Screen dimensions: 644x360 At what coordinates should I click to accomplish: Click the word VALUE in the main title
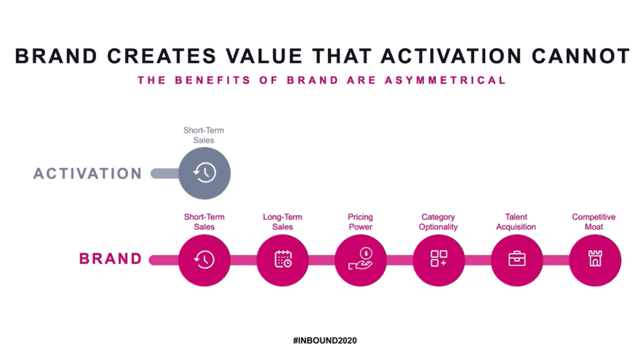coord(264,56)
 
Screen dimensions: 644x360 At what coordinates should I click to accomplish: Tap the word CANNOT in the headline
coord(580,56)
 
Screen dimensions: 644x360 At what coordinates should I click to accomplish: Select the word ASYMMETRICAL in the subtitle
coord(445,80)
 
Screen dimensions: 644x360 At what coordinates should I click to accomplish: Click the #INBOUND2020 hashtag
coord(325,341)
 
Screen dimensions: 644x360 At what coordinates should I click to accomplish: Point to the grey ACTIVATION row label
coord(88,174)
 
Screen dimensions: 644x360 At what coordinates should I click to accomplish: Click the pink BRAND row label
coord(111,259)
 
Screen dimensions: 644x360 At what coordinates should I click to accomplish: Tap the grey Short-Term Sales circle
coord(205,173)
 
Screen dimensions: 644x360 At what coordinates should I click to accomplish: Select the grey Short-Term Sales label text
coord(204,135)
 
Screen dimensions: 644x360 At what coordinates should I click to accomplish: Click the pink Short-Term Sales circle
coord(205,260)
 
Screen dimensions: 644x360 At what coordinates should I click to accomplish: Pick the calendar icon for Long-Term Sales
coord(282,259)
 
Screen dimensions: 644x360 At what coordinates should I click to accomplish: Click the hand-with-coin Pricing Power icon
coord(360,259)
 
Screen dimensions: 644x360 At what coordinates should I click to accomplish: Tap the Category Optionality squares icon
coord(439,259)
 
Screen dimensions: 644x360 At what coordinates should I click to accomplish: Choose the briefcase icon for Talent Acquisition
coord(517,259)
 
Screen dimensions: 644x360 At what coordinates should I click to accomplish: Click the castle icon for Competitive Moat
coord(595,259)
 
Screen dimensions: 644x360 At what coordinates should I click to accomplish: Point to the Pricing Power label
coord(360,222)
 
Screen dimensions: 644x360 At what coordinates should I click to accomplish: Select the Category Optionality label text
coord(438,222)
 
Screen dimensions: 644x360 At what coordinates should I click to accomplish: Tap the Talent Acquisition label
coord(516,222)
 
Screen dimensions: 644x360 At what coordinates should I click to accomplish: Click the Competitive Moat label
coord(594,222)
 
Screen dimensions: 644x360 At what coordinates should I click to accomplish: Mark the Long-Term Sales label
coord(282,222)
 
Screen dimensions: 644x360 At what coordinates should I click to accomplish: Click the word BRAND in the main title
coord(56,56)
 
